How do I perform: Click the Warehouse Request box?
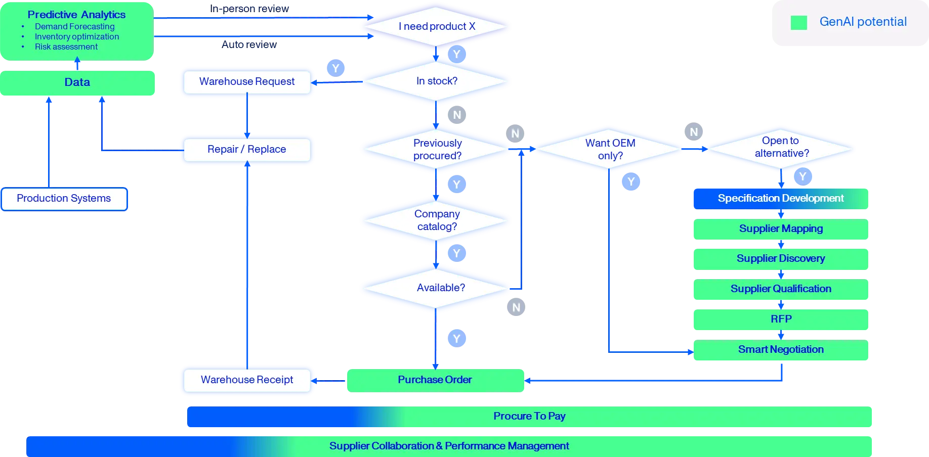pos(247,82)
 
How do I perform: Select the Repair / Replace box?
pos(247,150)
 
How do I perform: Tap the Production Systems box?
pos(64,199)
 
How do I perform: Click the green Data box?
pos(77,83)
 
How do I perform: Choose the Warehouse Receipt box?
pos(247,380)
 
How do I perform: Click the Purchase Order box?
pos(435,380)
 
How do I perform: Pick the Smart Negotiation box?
pos(781,350)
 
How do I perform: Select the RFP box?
pos(781,319)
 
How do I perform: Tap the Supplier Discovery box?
pos(781,259)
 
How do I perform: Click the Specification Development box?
pos(781,199)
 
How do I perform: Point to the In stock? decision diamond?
pos(436,81)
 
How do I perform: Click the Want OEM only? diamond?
pos(609,149)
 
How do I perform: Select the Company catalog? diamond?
pos(436,220)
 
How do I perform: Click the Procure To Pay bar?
pos(529,417)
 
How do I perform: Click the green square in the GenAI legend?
pos(799,22)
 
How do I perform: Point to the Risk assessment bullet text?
pos(66,47)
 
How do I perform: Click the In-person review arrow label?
pos(249,9)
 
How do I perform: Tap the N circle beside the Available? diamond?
pos(516,307)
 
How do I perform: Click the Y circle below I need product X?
pos(457,54)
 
